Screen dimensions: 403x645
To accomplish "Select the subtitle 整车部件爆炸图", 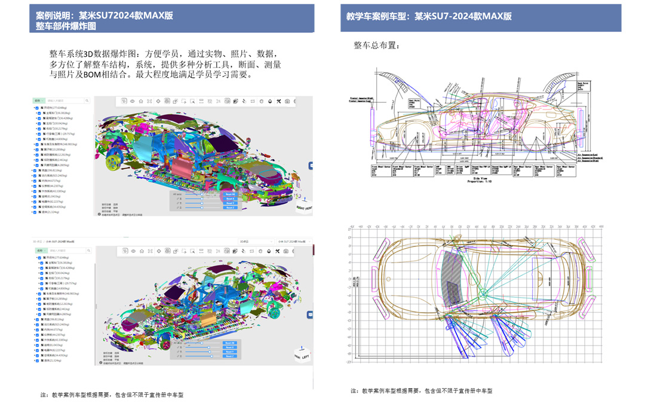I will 65,26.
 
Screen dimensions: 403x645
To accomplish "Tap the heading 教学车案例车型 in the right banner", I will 377,16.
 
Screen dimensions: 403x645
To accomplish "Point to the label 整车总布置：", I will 377,45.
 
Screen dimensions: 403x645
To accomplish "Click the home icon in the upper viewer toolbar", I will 141,102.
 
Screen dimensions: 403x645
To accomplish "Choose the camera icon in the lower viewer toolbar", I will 287,251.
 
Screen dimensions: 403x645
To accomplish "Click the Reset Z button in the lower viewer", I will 230,356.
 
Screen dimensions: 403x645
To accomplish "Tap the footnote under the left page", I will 112,395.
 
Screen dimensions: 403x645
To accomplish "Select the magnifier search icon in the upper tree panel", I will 87,100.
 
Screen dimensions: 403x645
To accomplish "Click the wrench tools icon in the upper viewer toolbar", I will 278,102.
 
